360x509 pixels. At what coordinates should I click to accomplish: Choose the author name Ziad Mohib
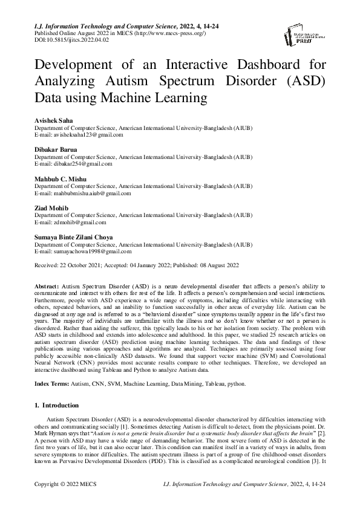coord(50,207)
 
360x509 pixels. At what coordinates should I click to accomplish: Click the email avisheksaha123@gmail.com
coord(88,135)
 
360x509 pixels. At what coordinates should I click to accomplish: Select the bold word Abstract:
coord(47,285)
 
